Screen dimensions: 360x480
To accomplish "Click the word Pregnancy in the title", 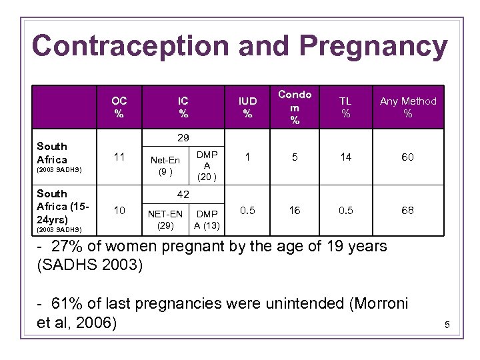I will pyautogui.click(x=373, y=47).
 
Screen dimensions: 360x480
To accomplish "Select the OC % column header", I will pyautogui.click(x=119, y=107).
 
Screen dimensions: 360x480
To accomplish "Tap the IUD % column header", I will pyautogui.click(x=247, y=107).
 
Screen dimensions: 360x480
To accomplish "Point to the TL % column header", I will pyautogui.click(x=345, y=107).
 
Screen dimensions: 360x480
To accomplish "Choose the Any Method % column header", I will pyautogui.click(x=408, y=107).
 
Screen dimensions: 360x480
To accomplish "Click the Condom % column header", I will pyautogui.click(x=295, y=107).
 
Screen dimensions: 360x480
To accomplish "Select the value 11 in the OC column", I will pyautogui.click(x=119, y=157).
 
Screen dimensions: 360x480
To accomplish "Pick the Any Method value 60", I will pyautogui.click(x=407, y=157).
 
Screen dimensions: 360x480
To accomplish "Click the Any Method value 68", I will pyautogui.click(x=407, y=210).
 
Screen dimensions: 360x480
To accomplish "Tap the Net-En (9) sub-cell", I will pyautogui.click(x=165, y=165).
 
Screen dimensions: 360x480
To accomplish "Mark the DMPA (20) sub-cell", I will pyautogui.click(x=207, y=165).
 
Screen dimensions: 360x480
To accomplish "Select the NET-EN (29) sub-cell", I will pyautogui.click(x=165, y=219).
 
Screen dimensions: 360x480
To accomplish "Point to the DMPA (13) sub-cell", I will pyautogui.click(x=207, y=219).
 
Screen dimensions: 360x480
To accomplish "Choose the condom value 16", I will pyautogui.click(x=295, y=210).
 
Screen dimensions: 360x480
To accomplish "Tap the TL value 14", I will pyautogui.click(x=345, y=157).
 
